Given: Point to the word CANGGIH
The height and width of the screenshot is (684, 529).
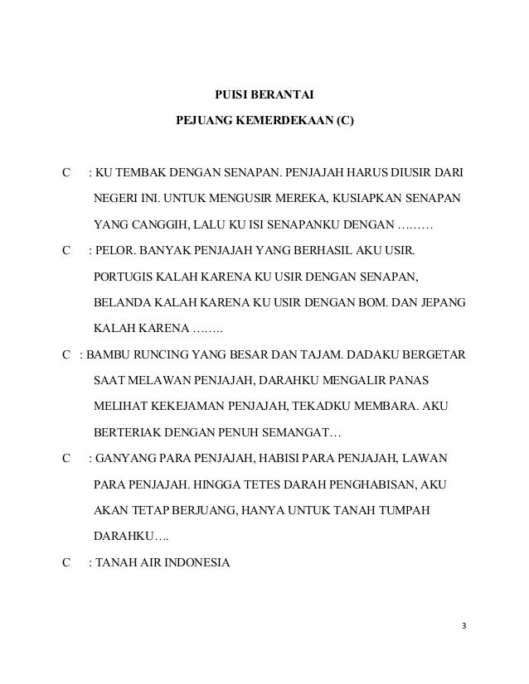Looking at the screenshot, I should (156, 225).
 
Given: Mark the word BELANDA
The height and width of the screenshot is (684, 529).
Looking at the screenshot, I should (121, 302).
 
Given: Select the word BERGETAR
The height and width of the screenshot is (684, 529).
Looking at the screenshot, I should (432, 354).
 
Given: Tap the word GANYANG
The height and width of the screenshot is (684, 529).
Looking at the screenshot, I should (126, 457).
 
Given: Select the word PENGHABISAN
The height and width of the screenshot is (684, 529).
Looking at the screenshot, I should (371, 483).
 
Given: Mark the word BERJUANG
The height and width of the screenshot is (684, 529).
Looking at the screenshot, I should (197, 508).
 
